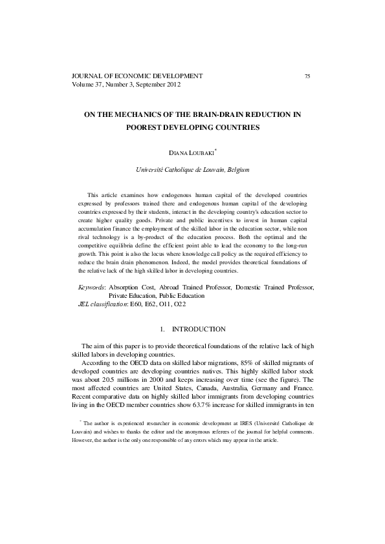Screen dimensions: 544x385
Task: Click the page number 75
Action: tap(307, 76)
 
